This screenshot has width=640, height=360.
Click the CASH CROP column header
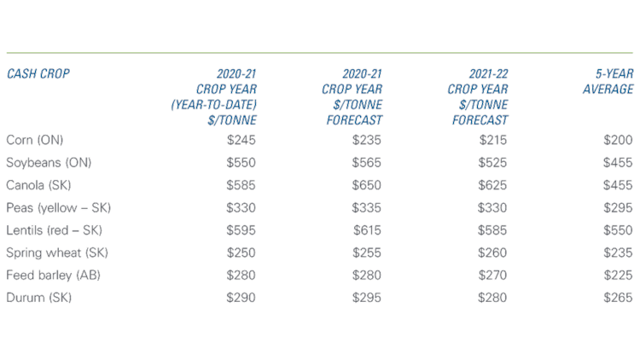(38, 73)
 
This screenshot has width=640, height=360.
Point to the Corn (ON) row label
(34, 139)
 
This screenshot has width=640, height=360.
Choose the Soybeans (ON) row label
(48, 162)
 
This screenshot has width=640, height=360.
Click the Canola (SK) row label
(38, 185)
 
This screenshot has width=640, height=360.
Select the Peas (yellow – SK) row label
(58, 207)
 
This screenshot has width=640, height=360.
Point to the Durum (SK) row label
(38, 298)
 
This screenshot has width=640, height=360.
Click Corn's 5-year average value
(617, 139)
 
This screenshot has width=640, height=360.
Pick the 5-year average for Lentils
(617, 230)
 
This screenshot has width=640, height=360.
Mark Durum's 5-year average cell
(617, 298)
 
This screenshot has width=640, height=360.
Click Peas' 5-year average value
(617, 207)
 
